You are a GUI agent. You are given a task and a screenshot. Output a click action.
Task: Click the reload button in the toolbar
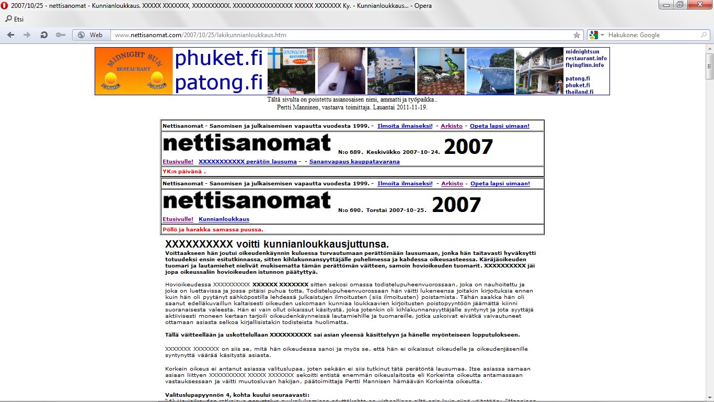tap(44, 35)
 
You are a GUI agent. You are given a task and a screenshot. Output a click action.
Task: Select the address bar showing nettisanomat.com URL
tap(340, 35)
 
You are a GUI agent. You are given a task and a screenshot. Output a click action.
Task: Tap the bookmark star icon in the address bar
tap(577, 35)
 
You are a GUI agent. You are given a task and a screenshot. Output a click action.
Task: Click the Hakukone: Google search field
tap(653, 35)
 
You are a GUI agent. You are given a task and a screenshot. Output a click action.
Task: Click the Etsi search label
tap(18, 19)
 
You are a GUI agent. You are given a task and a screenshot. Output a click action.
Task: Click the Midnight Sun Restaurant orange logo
tap(134, 71)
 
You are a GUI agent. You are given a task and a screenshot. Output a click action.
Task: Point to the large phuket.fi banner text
tap(218, 59)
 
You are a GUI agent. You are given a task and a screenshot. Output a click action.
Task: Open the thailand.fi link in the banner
tap(579, 92)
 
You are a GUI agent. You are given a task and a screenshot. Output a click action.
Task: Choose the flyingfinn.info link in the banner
tap(584, 65)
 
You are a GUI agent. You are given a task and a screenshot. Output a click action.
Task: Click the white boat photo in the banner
tap(490, 71)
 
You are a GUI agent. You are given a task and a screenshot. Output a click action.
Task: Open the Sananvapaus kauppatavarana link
tap(354, 162)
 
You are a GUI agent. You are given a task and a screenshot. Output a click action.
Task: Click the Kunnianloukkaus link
tap(224, 219)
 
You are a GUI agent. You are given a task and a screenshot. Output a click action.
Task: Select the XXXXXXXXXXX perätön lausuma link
tap(247, 162)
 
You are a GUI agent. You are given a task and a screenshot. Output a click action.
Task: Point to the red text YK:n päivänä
tap(184, 171)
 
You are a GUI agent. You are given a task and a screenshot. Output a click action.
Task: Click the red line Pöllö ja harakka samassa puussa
tap(213, 229)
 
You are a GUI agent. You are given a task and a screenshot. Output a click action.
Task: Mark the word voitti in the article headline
tap(251, 244)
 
